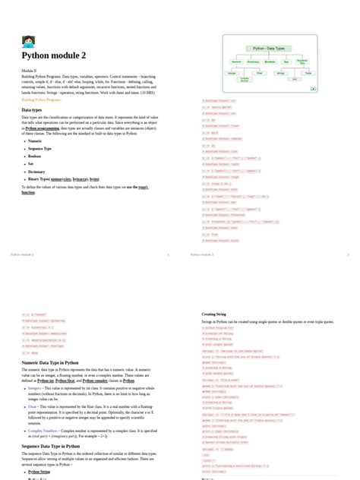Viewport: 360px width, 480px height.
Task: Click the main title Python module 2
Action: pos(53,55)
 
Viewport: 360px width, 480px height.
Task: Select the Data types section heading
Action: pos(32,110)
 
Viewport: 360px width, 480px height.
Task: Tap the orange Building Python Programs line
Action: pos(42,99)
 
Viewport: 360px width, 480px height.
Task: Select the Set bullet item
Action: pos(32,163)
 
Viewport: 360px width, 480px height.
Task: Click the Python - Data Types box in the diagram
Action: pos(269,48)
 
